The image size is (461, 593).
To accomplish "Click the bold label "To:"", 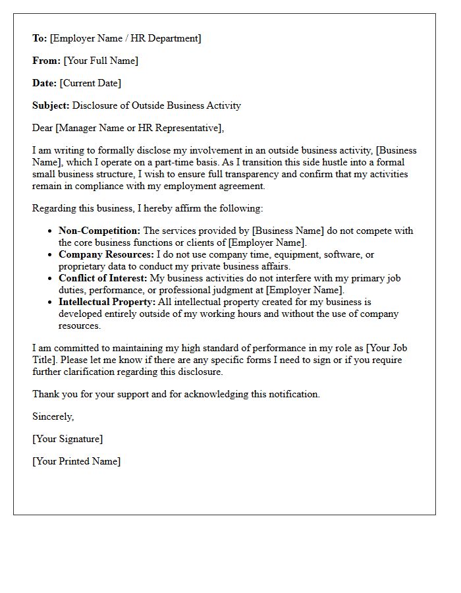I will (40, 38).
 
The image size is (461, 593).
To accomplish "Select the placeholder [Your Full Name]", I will (101, 61).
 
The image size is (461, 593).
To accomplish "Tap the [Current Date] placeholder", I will (90, 83).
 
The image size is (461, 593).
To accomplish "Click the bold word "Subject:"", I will (51, 105).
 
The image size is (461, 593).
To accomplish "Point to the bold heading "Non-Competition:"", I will (99, 231).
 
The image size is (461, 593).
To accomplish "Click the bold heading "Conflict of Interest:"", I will (103, 278).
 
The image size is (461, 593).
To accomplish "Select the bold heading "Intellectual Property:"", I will (107, 302).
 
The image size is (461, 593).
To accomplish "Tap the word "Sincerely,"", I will (53, 416).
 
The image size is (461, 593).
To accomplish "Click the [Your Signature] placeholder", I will (67, 439).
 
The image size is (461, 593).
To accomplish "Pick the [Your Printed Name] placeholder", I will (76, 461).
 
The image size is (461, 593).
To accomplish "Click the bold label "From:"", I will (46, 61).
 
